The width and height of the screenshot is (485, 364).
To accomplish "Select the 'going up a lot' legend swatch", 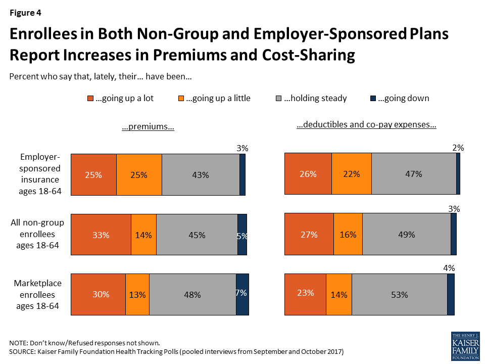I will click(x=90, y=99).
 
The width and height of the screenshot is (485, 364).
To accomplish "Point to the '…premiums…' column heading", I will click(x=148, y=127).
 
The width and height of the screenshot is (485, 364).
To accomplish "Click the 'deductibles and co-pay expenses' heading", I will click(x=366, y=125).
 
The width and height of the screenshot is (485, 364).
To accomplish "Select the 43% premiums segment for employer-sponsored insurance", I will click(x=201, y=175).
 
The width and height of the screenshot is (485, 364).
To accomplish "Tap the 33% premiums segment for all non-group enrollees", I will click(x=101, y=235).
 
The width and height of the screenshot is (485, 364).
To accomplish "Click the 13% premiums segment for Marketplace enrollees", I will click(x=137, y=294).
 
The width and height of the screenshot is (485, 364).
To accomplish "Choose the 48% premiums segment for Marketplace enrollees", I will click(x=192, y=294).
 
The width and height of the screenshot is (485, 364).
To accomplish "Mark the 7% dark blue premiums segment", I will click(x=242, y=294).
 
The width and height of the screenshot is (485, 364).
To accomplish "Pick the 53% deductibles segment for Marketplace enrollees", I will click(x=399, y=294).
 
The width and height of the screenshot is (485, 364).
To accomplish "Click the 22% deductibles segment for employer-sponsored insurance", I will click(x=352, y=174).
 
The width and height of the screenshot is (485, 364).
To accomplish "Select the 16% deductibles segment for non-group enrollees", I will click(x=348, y=234).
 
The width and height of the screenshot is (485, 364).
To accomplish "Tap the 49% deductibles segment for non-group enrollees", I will click(x=406, y=234).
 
